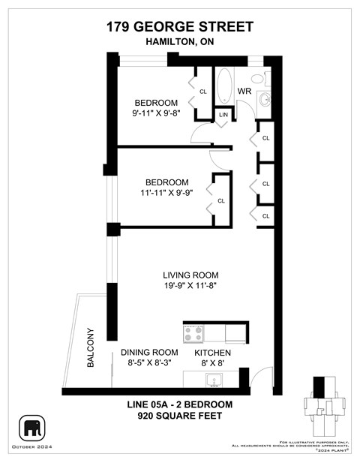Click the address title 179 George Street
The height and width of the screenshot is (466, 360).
[179, 28]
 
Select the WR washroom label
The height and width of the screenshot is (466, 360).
[244, 91]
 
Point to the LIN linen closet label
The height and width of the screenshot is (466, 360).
[223, 115]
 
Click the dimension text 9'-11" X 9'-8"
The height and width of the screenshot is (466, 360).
[156, 115]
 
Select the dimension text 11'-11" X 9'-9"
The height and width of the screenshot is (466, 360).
[166, 194]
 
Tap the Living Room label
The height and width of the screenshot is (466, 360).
[188, 274]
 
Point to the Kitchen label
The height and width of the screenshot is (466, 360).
[212, 352]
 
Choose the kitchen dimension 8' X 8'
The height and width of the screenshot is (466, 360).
[212, 364]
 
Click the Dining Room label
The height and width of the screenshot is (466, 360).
[149, 352]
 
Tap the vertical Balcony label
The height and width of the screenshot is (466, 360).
[91, 347]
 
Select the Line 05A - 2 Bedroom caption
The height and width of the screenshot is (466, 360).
[179, 404]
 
